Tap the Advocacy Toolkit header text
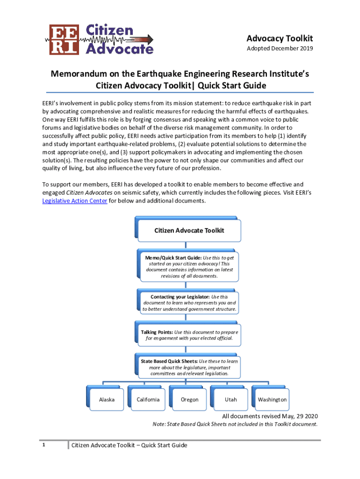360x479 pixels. click(x=280, y=38)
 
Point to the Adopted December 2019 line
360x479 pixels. click(x=280, y=49)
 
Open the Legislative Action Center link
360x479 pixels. click(x=75, y=201)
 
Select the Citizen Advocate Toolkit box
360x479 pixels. click(x=189, y=230)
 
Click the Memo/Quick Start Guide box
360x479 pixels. click(x=189, y=267)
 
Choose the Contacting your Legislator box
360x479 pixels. click(x=189, y=303)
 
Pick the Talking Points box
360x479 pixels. click(x=189, y=335)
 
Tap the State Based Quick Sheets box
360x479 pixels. click(x=189, y=367)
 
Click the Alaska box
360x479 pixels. click(x=107, y=399)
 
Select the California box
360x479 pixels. click(x=148, y=399)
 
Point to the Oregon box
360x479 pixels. click(x=189, y=399)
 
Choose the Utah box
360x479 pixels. click(x=230, y=399)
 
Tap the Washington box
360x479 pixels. click(x=272, y=399)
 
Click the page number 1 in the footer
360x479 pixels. click(x=43, y=445)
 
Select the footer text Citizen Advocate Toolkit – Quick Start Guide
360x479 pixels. click(x=129, y=445)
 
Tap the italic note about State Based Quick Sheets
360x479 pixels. click(x=235, y=424)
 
